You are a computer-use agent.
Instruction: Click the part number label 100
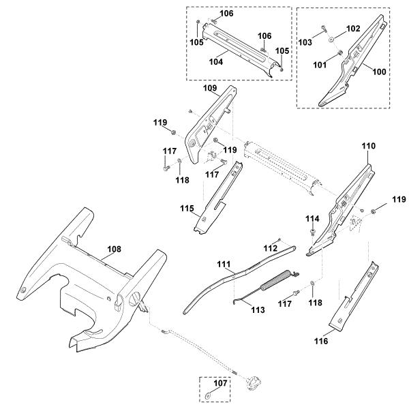coord(379,72)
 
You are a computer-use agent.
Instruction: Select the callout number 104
coord(216,62)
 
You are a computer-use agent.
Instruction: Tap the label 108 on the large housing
coord(115,249)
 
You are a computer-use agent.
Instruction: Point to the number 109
coord(210,88)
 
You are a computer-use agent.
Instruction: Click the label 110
coord(368,146)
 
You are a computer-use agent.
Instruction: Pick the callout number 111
coord(224,264)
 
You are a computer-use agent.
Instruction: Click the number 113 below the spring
coord(258,310)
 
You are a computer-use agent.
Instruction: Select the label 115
coord(187,209)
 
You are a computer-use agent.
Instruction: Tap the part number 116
coord(321,341)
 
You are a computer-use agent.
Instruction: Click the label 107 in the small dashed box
coord(220,383)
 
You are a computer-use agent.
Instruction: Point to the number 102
coord(353,29)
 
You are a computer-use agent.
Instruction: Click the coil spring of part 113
coord(273,281)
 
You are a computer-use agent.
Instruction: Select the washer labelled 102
coord(332,40)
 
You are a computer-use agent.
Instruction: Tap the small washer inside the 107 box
coord(208,395)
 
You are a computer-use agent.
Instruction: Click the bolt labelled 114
coord(312,232)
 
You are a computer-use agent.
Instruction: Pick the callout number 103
coord(305,42)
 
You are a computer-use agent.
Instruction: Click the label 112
coord(271,248)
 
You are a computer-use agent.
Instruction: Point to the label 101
coord(320,65)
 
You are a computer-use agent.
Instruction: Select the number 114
coord(312,219)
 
